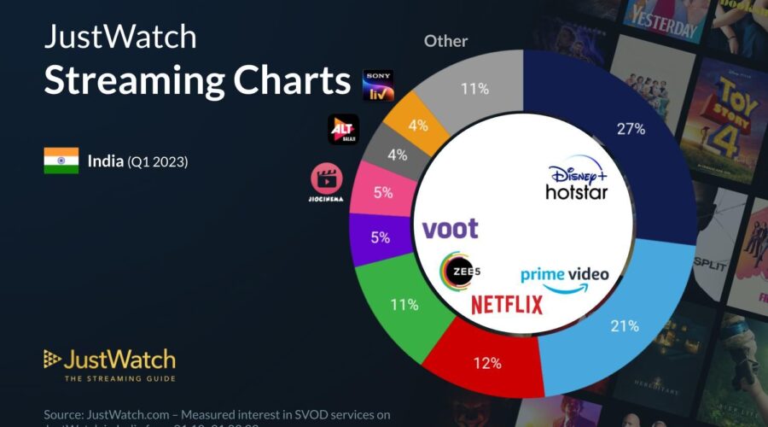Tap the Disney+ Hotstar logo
[x=577, y=179]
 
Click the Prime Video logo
[x=565, y=278]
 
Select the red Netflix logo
[x=507, y=304]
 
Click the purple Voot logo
[x=450, y=228]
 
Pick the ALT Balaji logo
[x=343, y=129]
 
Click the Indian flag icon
[x=61, y=161]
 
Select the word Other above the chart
[x=445, y=40]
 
